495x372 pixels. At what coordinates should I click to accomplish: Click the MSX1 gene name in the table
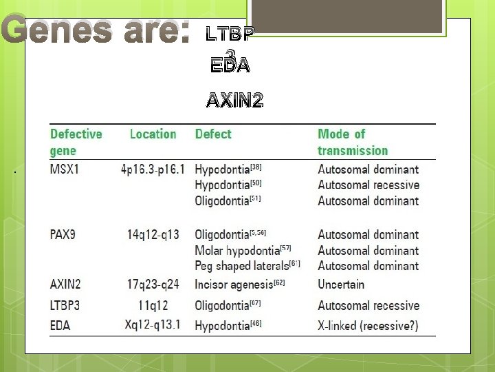(65, 169)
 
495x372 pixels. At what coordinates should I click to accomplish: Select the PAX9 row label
(63, 234)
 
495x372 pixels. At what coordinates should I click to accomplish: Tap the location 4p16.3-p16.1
(153, 169)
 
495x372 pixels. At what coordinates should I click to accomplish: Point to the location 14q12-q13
(153, 234)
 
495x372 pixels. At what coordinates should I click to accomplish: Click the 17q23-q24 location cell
(153, 284)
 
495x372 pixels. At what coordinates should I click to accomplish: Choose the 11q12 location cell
(153, 305)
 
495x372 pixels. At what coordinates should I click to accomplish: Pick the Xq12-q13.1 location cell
(153, 324)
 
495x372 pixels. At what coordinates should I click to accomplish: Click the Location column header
(153, 134)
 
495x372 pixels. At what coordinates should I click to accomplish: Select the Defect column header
(213, 134)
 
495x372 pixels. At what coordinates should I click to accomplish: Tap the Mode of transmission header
(352, 142)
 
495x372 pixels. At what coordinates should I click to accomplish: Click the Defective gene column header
(76, 142)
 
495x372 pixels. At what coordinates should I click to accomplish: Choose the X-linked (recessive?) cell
(368, 324)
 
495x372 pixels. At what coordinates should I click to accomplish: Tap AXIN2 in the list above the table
(234, 101)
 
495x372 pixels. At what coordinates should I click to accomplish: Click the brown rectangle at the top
(344, 15)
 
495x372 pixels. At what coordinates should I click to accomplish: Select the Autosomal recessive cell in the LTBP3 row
(368, 305)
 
